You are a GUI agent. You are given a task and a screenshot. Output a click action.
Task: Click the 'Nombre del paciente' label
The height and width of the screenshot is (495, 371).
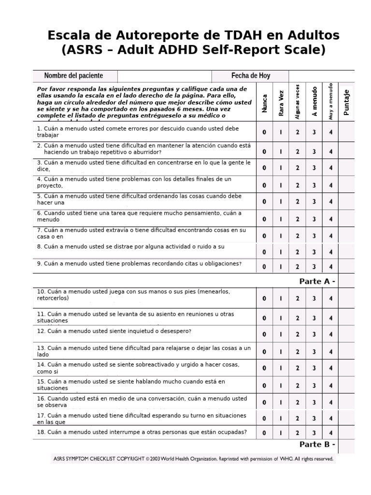[x=73, y=76]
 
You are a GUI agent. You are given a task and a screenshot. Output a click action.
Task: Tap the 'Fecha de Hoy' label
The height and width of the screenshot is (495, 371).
[x=251, y=76]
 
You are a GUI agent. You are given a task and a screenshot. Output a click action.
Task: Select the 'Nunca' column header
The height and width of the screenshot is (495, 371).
[x=264, y=103]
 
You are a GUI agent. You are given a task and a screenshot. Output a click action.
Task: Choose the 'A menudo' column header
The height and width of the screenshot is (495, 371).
[x=314, y=102]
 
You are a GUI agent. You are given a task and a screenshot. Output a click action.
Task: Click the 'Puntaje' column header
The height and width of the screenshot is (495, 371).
[x=346, y=102]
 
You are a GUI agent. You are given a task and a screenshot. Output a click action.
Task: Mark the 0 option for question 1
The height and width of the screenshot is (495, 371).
[x=264, y=132]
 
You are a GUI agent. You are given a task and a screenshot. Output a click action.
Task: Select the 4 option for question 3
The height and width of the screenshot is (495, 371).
[x=331, y=168]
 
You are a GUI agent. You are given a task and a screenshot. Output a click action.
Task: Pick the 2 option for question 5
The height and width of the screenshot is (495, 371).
[x=298, y=202]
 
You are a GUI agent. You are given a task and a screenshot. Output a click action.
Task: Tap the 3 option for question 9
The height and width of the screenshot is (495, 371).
[x=314, y=267]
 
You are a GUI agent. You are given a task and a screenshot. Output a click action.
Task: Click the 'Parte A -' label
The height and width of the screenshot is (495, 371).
[x=317, y=281]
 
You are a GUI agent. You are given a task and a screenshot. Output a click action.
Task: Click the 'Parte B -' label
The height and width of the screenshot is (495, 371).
[x=317, y=445]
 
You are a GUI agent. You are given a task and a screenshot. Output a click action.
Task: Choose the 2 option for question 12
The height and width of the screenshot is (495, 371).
[x=298, y=334]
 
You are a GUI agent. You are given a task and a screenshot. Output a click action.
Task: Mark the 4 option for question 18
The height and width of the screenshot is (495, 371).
[x=331, y=433]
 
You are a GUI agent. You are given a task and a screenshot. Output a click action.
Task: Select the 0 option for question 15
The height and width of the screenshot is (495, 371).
[x=264, y=386]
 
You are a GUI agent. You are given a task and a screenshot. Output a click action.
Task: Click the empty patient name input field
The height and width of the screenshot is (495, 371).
[x=164, y=76]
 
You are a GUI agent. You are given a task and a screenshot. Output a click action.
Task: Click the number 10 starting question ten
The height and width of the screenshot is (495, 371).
[x=41, y=291]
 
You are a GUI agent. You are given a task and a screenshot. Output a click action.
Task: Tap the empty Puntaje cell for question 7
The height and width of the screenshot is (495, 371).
[x=346, y=236]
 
